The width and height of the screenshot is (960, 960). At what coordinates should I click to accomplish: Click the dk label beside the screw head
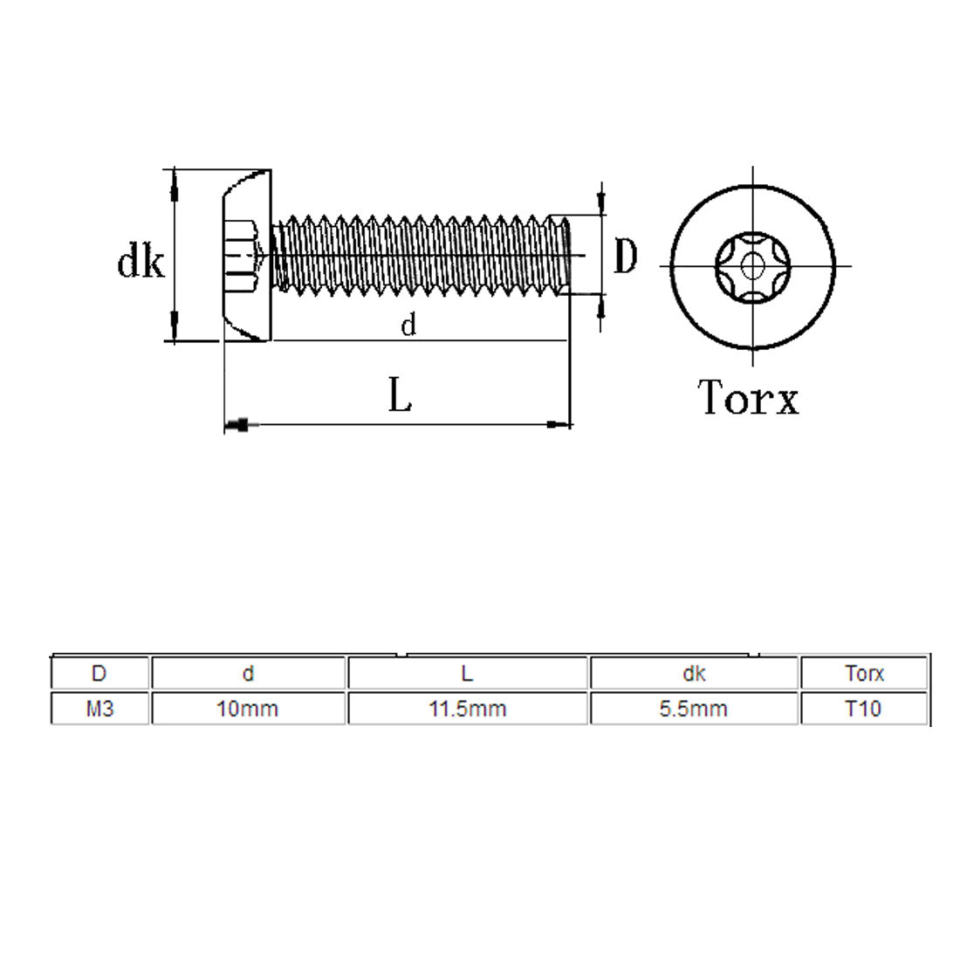pyautogui.click(x=141, y=261)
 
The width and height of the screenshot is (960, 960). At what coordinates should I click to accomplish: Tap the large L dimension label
pyautogui.click(x=400, y=397)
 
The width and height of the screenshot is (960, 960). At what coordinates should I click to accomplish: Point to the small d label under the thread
pyautogui.click(x=408, y=326)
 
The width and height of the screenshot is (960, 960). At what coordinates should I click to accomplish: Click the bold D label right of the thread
pyautogui.click(x=625, y=257)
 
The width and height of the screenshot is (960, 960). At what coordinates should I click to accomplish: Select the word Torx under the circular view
pyautogui.click(x=748, y=398)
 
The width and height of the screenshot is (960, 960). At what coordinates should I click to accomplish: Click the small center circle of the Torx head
pyautogui.click(x=752, y=263)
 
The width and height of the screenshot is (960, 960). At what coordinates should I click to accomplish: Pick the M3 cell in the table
pyautogui.click(x=99, y=709)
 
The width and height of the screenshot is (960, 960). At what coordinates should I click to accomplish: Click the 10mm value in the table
pyautogui.click(x=248, y=709)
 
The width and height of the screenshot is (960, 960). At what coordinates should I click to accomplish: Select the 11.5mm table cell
pyautogui.click(x=467, y=709)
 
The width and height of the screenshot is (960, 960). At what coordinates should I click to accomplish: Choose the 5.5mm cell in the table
pyautogui.click(x=693, y=709)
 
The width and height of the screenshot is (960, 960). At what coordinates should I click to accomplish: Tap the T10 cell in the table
pyautogui.click(x=863, y=709)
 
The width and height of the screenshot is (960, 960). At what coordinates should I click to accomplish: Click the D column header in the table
pyautogui.click(x=99, y=674)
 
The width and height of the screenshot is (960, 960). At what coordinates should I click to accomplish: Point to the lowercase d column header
pyautogui.click(x=248, y=674)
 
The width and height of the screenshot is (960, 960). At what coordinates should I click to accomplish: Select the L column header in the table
pyautogui.click(x=467, y=674)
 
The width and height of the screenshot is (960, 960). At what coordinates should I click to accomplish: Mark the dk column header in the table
pyautogui.click(x=693, y=674)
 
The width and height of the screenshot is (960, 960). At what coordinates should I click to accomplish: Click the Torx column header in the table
pyautogui.click(x=863, y=674)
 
